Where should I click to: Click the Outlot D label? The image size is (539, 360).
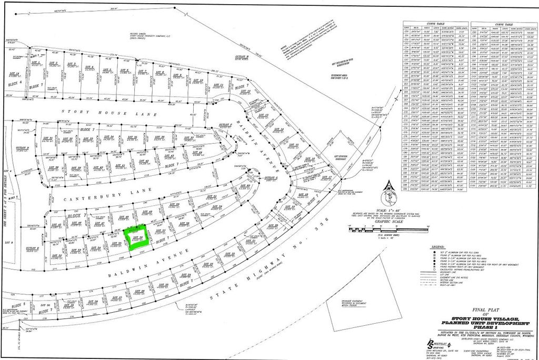click(22, 149)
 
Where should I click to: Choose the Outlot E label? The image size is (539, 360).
click(32, 248)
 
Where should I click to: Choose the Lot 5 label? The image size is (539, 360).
click(107, 69)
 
